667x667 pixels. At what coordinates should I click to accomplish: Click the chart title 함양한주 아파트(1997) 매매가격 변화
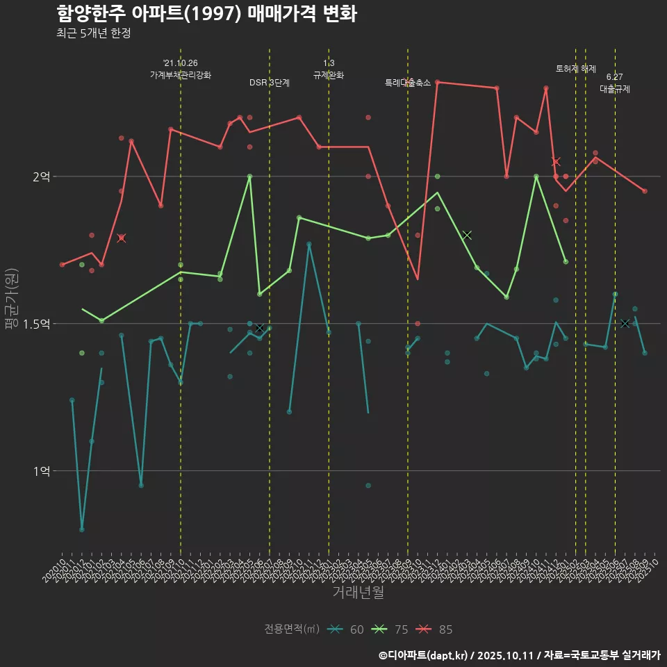(206, 13)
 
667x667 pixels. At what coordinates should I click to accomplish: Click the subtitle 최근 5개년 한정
(93, 33)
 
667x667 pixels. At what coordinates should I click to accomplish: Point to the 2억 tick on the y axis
(41, 177)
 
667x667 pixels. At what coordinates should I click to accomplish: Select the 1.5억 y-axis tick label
(36, 324)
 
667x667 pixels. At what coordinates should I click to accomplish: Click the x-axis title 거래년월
(358, 593)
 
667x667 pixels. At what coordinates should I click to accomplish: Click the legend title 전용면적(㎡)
(292, 629)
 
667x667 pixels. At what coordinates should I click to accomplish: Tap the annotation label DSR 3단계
(270, 83)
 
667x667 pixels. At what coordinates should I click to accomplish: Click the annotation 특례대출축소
(408, 83)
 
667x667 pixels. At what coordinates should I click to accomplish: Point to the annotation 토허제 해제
(576, 69)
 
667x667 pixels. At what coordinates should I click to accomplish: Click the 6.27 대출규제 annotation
(615, 83)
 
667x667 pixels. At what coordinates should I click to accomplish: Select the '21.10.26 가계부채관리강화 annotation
(181, 69)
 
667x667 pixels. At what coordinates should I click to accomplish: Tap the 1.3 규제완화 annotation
(329, 69)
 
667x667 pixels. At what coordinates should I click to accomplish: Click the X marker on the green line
(467, 235)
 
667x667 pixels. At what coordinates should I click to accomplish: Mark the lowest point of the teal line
(82, 529)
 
